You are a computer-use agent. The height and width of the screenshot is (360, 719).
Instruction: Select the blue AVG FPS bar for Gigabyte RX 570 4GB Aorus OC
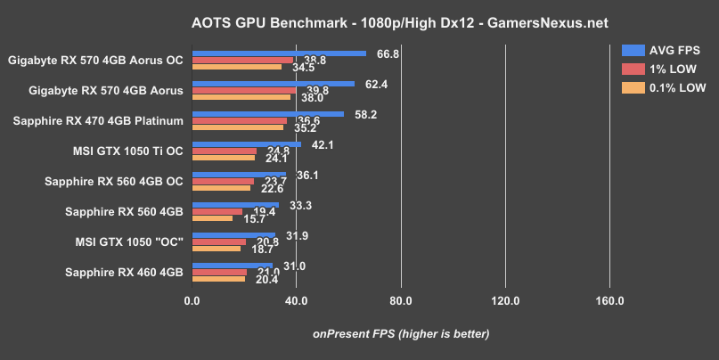pyautogui.click(x=279, y=53)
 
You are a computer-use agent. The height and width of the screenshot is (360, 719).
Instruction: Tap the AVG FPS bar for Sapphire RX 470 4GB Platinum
pyautogui.click(x=267, y=113)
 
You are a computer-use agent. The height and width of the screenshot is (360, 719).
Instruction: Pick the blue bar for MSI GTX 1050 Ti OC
pyautogui.click(x=247, y=143)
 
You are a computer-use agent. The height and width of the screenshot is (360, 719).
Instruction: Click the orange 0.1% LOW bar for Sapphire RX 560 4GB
pyautogui.click(x=212, y=218)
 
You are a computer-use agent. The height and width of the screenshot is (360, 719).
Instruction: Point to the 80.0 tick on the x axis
pyautogui.click(x=401, y=299)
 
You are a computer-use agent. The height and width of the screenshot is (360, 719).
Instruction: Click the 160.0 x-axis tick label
pyautogui.click(x=609, y=299)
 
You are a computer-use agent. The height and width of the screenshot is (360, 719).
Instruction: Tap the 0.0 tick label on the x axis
pyautogui.click(x=192, y=299)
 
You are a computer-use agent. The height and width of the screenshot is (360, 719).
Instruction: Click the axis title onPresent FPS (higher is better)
pyautogui.click(x=401, y=334)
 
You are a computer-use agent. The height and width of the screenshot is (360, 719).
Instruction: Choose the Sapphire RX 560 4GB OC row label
pyautogui.click(x=114, y=181)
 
